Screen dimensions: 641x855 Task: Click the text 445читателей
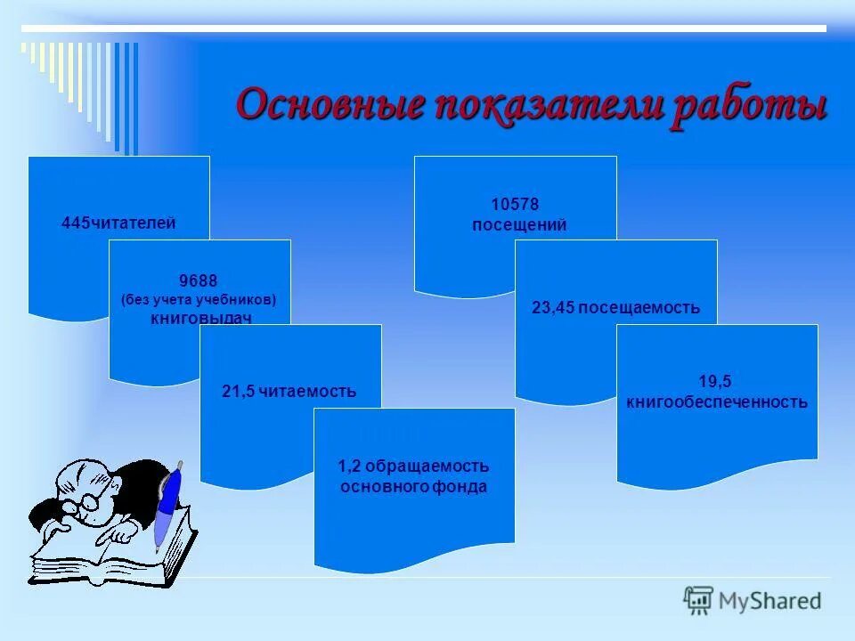pyautogui.click(x=118, y=223)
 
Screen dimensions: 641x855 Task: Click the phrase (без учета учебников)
pyautogui.click(x=199, y=300)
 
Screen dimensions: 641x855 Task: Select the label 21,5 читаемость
pyautogui.click(x=289, y=391)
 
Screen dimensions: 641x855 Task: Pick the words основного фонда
pyautogui.click(x=413, y=487)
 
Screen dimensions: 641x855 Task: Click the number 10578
pyautogui.click(x=515, y=206)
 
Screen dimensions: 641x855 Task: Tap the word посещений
pyautogui.click(x=518, y=225)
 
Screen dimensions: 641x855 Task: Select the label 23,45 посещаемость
pyautogui.click(x=615, y=308)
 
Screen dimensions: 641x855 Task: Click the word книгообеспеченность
pyautogui.click(x=716, y=402)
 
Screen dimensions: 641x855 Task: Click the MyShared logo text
pyautogui.click(x=769, y=601)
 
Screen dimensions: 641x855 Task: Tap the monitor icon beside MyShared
pyautogui.click(x=698, y=600)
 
